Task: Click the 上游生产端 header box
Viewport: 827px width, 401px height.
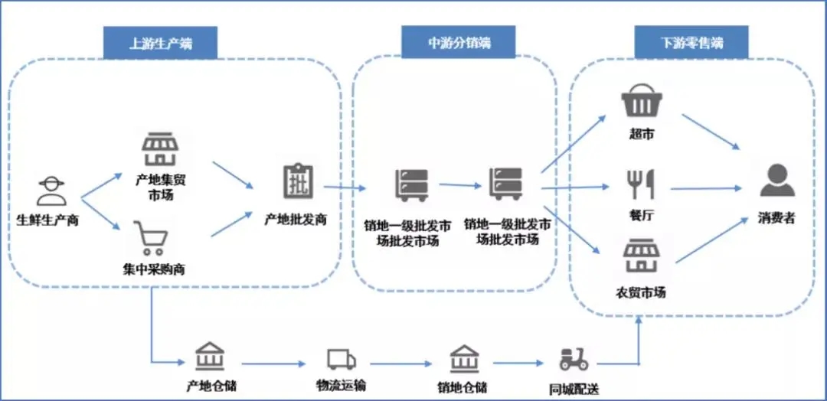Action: pos(160,43)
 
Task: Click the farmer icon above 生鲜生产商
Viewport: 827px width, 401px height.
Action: pos(51,191)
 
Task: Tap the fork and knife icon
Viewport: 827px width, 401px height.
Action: pos(640,184)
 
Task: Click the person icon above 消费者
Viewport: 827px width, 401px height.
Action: pos(776,181)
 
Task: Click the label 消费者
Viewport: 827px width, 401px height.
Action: pos(776,219)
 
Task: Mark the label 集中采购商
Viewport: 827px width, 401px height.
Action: pos(153,269)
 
